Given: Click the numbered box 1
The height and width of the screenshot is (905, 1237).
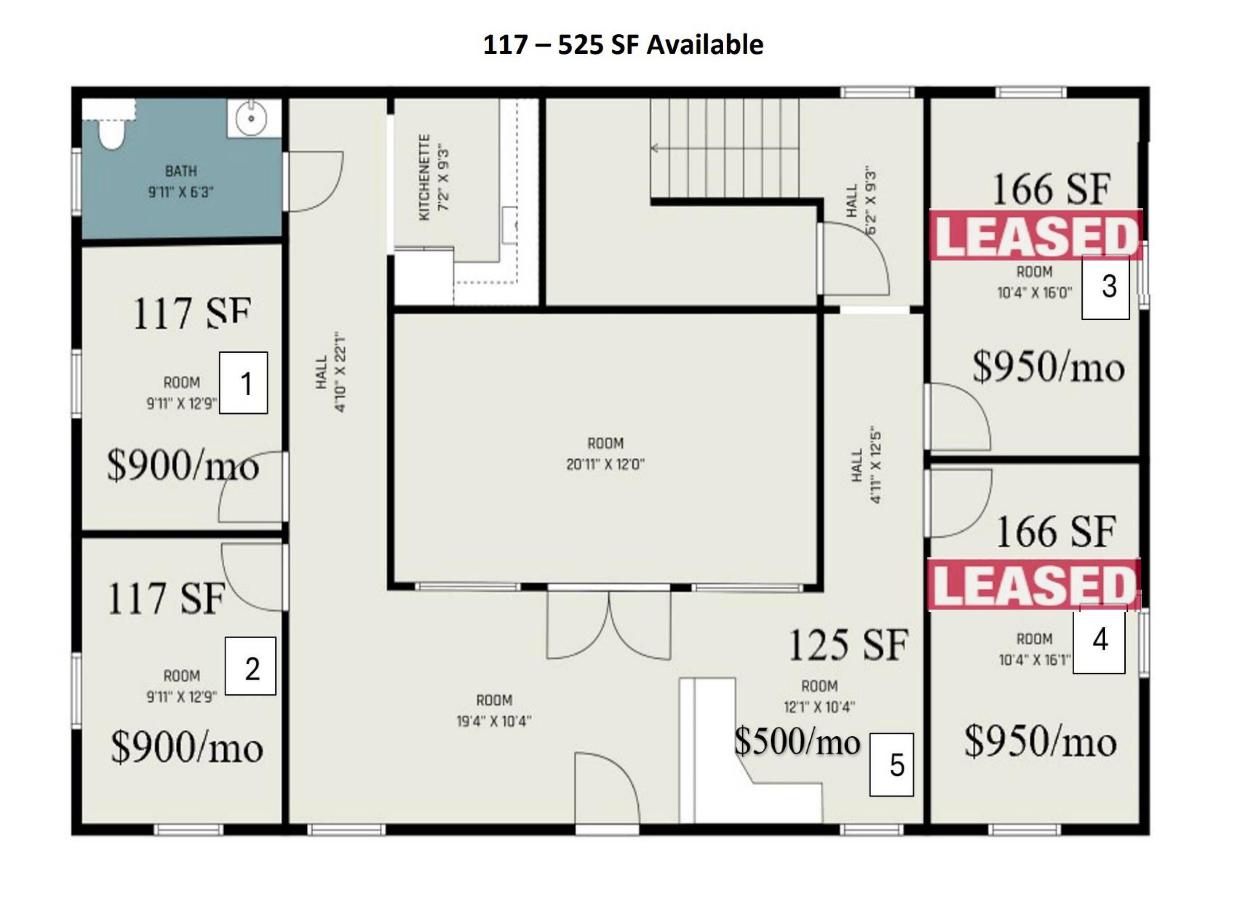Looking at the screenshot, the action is coord(243,382).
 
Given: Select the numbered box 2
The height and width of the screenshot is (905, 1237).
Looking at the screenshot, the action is coord(250,666).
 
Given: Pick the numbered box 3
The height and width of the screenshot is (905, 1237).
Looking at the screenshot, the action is coord(1106,287).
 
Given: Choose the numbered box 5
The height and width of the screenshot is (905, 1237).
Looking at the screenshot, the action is coord(891,764).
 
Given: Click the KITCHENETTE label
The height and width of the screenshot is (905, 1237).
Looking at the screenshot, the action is coord(424,177).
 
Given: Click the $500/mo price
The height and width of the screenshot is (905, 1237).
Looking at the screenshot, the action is coord(797,742).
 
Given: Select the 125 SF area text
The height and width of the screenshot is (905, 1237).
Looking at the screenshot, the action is coord(848,645).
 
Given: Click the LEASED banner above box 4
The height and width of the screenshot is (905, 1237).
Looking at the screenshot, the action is coord(1034,584).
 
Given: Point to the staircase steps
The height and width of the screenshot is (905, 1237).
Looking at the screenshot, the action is coord(724,148).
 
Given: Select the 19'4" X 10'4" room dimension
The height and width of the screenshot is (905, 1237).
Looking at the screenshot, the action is coord(494,721).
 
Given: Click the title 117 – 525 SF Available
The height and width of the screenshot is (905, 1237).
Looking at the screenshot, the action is coord(623,44).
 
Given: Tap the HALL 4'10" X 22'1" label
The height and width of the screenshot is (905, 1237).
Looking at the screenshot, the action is coord(330,372).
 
